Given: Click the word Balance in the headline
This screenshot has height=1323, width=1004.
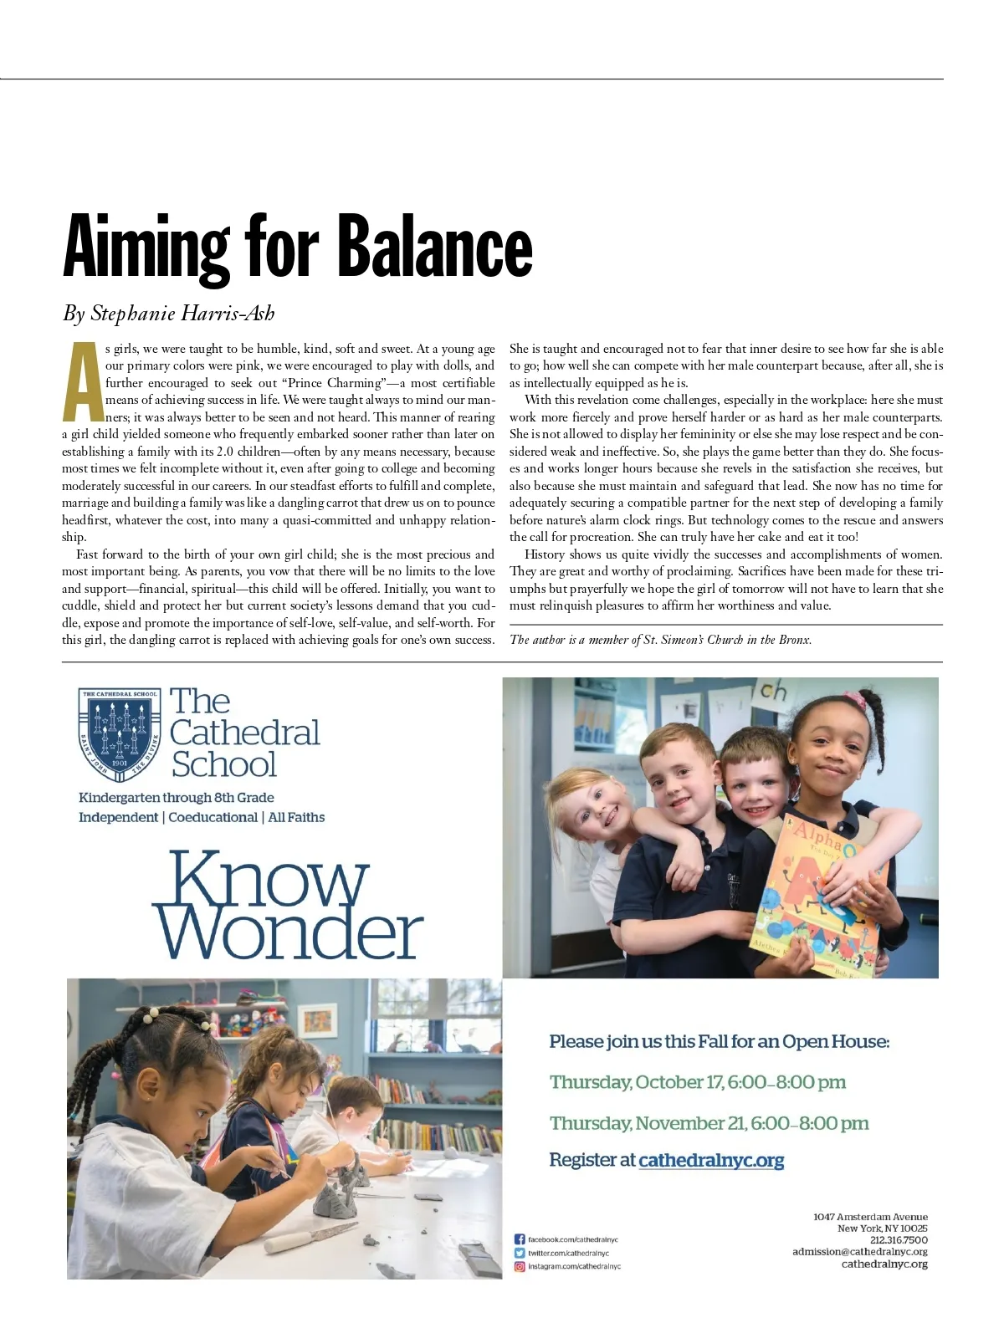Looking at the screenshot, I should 434,247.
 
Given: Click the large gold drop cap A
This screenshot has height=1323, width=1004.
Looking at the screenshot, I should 82,382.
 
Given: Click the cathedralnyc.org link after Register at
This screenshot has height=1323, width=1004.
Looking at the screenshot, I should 711,1160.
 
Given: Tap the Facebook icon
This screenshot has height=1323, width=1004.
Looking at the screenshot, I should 519,1239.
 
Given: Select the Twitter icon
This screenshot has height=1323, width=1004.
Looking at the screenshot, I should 519,1253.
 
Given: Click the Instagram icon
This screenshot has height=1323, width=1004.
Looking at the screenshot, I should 519,1266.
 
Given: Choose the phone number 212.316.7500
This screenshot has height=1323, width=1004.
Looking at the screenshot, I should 899,1240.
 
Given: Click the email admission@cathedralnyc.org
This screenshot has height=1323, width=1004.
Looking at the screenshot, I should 859,1252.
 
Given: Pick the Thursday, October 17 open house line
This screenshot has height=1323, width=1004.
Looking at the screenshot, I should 697,1082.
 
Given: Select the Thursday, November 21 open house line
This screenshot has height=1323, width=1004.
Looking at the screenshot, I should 709,1123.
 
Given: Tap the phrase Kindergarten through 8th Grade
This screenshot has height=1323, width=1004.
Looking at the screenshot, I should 177,798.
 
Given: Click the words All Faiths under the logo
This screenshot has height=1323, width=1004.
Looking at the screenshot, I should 296,817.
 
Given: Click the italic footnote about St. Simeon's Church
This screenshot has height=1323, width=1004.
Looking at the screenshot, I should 660,640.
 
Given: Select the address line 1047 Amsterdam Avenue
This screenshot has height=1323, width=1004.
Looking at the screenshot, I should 870,1217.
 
